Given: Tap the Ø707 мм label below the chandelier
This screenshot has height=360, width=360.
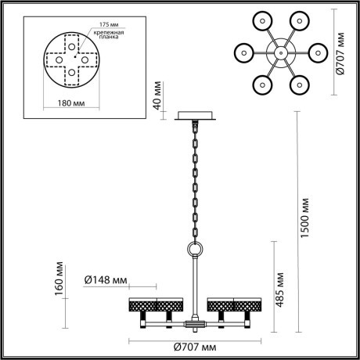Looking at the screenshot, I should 191,345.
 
